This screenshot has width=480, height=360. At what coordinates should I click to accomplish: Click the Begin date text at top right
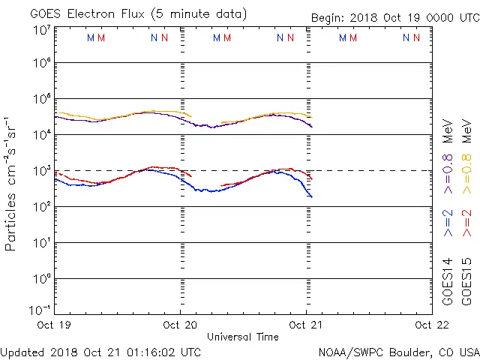tap(394, 18)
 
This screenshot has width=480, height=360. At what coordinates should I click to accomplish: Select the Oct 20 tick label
tap(180, 325)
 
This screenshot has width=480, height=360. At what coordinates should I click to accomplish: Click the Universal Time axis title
tap(243, 337)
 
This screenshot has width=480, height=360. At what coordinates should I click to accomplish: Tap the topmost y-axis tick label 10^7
tap(42, 29)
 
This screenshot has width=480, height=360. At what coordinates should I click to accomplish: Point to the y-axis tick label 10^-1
tap(40, 310)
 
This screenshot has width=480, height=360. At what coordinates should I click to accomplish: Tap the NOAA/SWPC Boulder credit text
tap(398, 351)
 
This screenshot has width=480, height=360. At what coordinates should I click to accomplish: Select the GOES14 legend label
tap(448, 280)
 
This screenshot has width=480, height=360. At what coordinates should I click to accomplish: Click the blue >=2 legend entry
tap(448, 223)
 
